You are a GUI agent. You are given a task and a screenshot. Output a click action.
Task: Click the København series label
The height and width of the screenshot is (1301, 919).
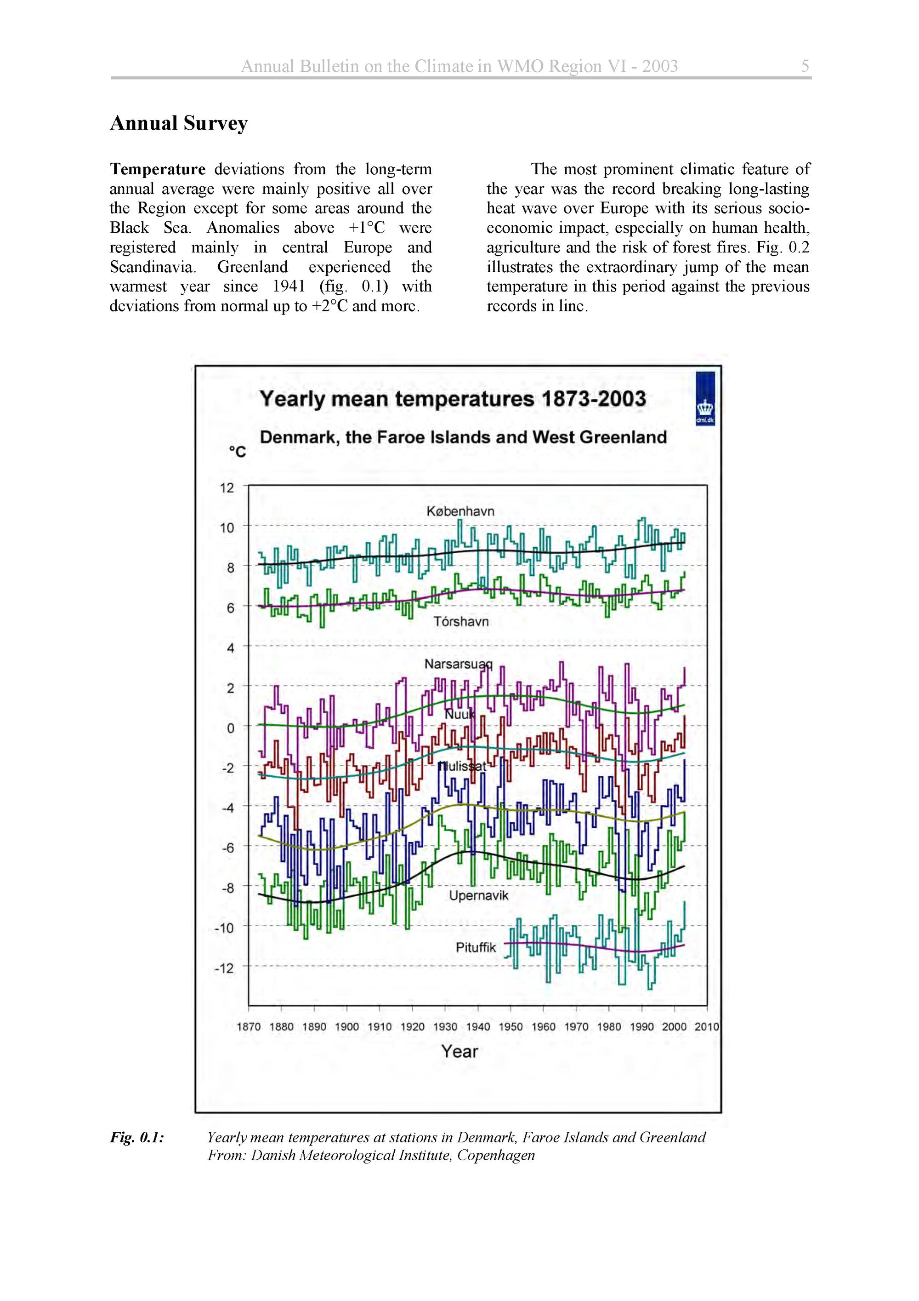point(460,511)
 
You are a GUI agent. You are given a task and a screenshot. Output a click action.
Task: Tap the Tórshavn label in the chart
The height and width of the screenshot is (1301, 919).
point(460,622)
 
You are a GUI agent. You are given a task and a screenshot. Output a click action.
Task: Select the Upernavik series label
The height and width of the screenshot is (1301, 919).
point(478,896)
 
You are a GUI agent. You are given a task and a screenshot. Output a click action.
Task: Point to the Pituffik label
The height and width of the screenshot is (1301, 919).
point(476,947)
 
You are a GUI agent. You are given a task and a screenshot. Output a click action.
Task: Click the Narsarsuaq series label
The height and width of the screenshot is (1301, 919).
point(458,664)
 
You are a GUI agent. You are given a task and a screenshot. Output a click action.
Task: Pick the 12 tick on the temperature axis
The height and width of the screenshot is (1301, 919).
point(227,488)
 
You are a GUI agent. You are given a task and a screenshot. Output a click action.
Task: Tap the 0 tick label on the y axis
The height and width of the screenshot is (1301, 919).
point(230,728)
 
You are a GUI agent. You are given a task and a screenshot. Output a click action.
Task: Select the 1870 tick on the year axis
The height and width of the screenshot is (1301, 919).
point(248,1027)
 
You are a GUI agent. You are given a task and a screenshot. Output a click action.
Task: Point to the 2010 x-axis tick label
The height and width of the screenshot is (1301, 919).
point(707,1027)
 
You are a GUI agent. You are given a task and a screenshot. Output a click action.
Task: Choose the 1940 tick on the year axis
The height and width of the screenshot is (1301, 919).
point(477,1027)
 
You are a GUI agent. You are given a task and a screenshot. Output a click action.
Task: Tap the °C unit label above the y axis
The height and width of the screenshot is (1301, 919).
point(237,452)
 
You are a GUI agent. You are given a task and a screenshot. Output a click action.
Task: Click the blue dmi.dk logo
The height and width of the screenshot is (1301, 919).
point(704,398)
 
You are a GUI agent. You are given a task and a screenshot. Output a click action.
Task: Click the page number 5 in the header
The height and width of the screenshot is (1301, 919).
point(805,66)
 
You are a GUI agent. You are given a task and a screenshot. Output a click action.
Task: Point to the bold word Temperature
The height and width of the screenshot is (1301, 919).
point(158,169)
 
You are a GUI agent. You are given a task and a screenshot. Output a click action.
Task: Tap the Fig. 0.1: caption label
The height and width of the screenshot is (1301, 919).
point(137,1137)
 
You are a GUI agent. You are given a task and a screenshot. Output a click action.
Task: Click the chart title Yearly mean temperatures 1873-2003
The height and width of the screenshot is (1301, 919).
point(453,399)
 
